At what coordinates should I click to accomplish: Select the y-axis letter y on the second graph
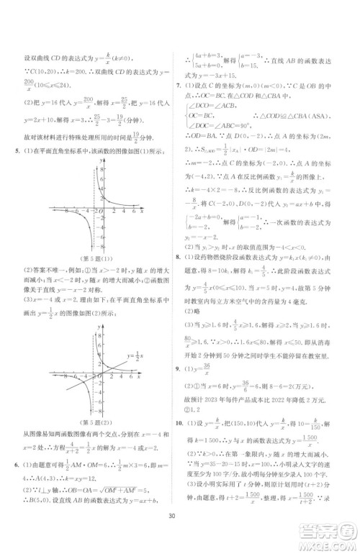pyautogui.click(x=103, y=329)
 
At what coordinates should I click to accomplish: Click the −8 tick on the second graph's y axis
pyautogui.click(x=96, y=409)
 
